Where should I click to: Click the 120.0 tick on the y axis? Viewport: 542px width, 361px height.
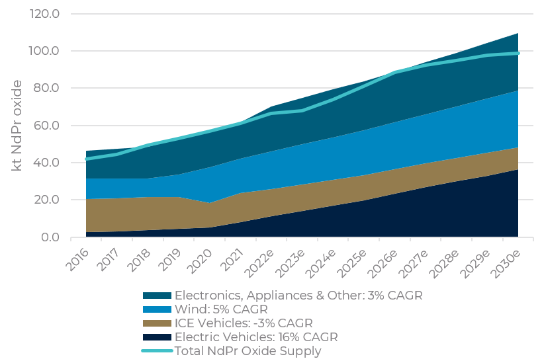point(45,14)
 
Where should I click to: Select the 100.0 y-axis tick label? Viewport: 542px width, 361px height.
point(45,51)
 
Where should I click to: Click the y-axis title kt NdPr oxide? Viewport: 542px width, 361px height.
point(18,126)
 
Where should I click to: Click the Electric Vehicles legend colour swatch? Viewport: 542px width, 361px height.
point(158,337)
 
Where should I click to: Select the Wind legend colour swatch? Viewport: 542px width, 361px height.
point(158,309)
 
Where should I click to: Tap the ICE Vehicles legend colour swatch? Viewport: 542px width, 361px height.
point(158,323)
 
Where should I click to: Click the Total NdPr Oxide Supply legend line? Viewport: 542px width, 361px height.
point(158,351)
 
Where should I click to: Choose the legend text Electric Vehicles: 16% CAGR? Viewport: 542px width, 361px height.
point(256,337)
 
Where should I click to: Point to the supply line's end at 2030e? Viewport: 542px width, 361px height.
point(518,53)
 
